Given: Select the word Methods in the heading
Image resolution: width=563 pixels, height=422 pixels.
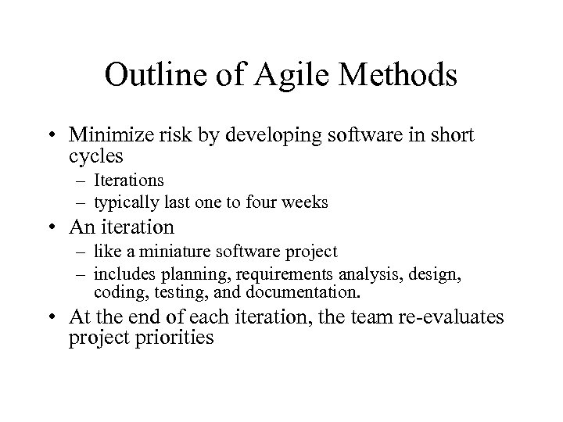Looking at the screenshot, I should pyautogui.click(x=401, y=77).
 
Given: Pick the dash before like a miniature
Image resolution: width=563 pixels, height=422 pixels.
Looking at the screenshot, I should pyautogui.click(x=82, y=252).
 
